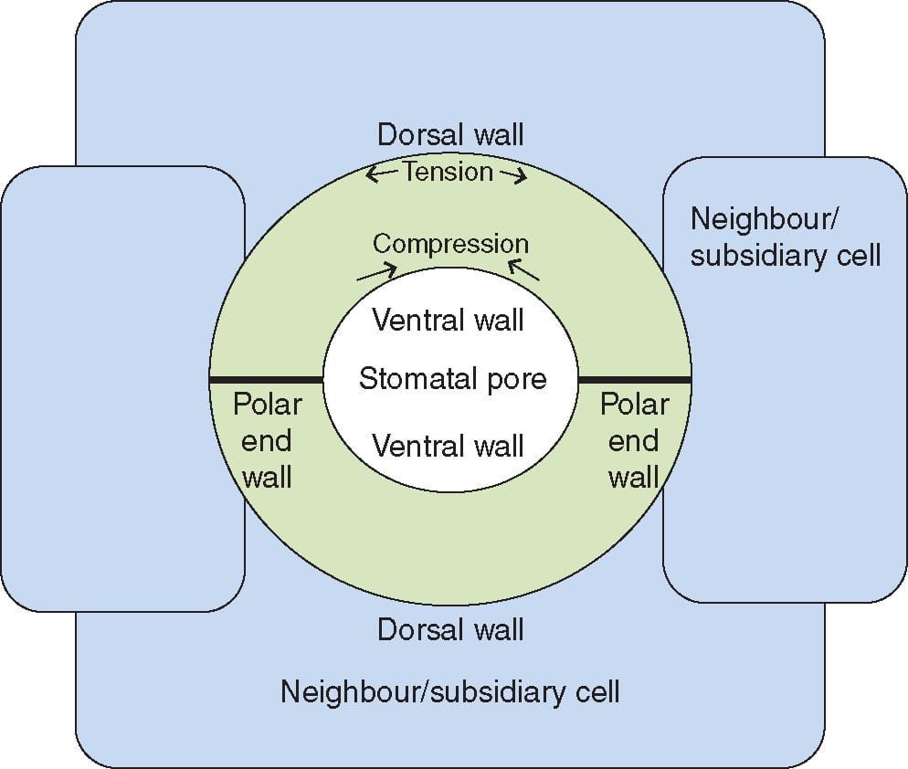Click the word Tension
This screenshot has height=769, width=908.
click(448, 172)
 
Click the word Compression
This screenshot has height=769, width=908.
click(450, 244)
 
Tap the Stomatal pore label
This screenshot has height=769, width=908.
click(452, 378)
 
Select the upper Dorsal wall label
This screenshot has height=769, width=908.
click(450, 135)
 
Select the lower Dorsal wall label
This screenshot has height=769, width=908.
click(450, 629)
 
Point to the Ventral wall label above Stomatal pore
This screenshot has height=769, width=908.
click(449, 320)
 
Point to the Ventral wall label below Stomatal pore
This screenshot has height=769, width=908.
click(449, 446)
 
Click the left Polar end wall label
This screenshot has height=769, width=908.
click(267, 440)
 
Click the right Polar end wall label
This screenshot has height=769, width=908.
click(634, 440)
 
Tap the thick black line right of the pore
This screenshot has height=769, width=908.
click(634, 378)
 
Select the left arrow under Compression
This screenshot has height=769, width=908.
click(376, 271)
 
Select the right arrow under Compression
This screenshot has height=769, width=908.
click(523, 269)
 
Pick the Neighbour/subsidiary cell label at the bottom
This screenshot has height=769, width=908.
click(449, 691)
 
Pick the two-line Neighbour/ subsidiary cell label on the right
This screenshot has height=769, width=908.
click(785, 237)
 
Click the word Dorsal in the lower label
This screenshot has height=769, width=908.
click(416, 629)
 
